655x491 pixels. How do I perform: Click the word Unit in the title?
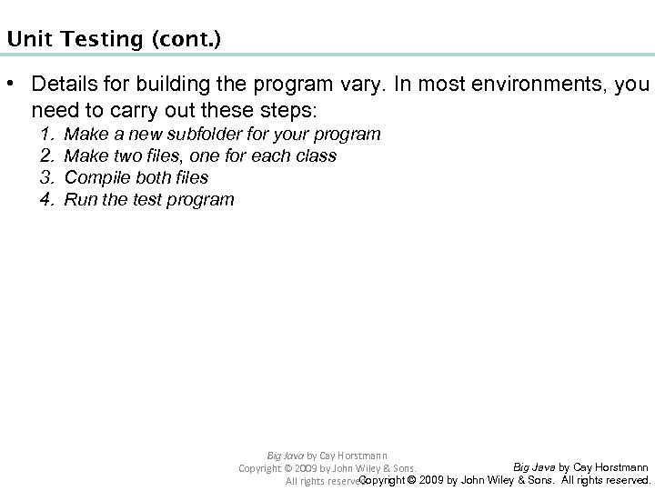(23, 40)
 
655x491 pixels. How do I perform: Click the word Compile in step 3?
(95, 177)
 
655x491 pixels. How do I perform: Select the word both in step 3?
(148, 177)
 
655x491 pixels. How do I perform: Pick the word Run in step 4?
(79, 199)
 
